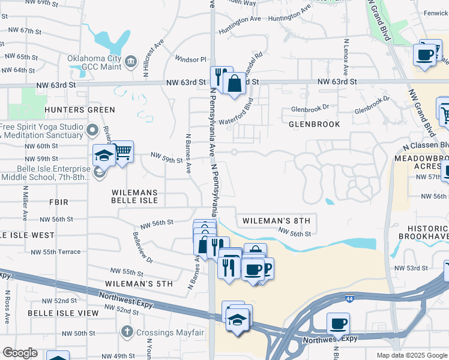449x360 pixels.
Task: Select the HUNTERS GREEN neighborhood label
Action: point(79,110)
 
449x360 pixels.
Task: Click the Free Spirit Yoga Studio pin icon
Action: point(92,130)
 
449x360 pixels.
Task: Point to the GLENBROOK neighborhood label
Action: point(315,124)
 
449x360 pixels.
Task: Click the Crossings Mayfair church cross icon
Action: point(127,331)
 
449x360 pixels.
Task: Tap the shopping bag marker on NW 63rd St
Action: point(235,83)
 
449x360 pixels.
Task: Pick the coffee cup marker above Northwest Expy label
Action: point(338,323)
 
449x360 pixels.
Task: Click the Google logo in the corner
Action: point(20,353)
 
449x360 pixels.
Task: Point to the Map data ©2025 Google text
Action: point(411,355)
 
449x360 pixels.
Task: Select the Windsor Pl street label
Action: point(190,59)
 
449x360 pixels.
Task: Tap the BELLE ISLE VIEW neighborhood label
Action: point(62,313)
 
